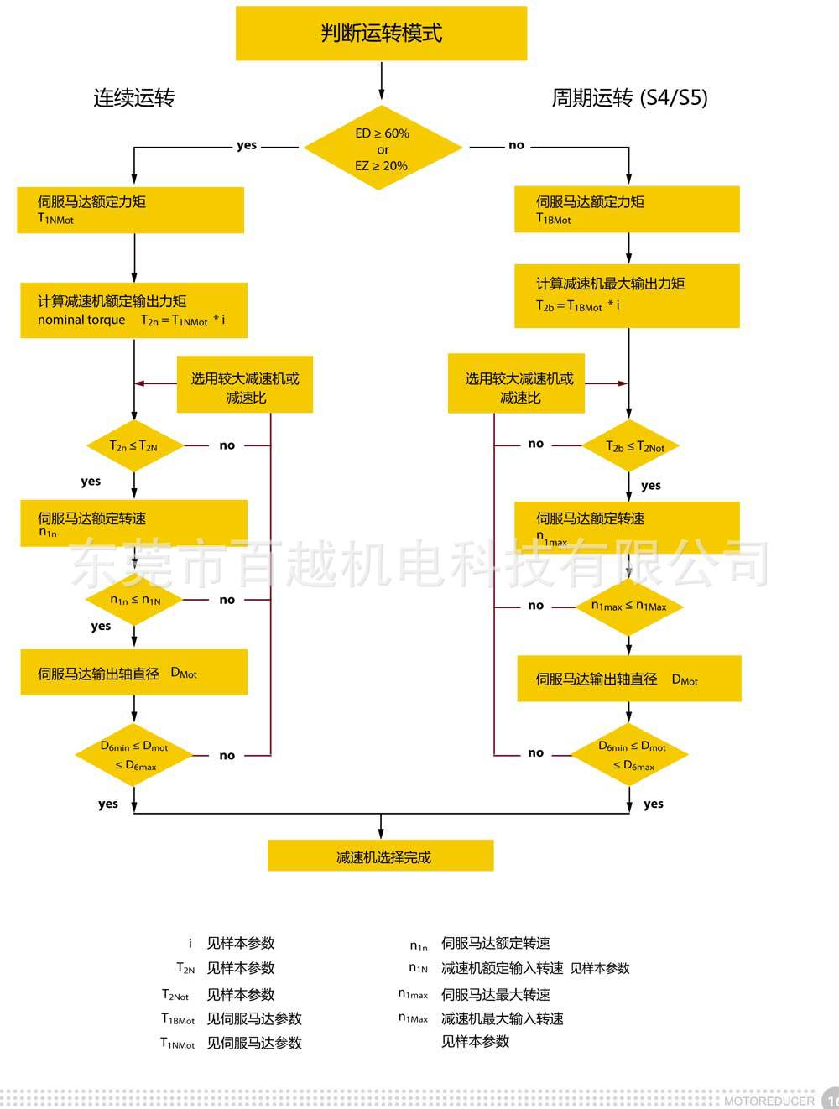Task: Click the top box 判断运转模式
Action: [381, 34]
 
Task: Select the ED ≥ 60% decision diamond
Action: [383, 148]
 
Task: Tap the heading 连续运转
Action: [133, 98]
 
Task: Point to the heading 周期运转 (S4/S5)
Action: [629, 98]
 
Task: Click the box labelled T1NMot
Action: [130, 210]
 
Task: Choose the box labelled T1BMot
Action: [627, 209]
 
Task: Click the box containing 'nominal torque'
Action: [133, 310]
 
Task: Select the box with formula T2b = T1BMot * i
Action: [627, 295]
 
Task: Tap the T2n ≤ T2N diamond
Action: [134, 446]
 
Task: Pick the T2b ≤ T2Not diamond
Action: [629, 446]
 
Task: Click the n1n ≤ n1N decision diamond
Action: [134, 600]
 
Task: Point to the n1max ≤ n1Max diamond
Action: [629, 606]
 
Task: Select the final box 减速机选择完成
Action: [381, 856]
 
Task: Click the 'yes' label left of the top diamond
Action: [247, 145]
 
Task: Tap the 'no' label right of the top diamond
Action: [516, 145]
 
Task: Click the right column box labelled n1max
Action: [627, 528]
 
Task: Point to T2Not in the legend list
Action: [175, 995]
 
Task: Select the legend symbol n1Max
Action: [414, 1018]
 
